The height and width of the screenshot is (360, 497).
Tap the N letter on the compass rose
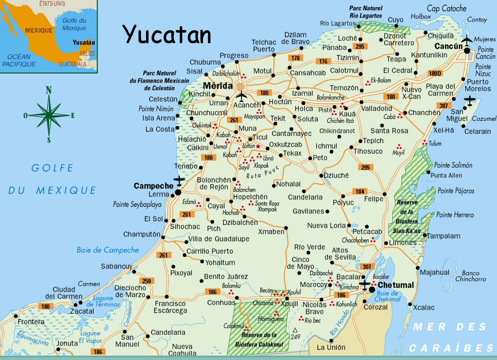pos(49,91)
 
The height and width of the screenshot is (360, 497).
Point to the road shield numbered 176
pos(322,61)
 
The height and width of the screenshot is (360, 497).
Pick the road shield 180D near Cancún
pos(435,73)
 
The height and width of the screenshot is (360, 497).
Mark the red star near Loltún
pos(258,147)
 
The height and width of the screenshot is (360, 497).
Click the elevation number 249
pos(297,336)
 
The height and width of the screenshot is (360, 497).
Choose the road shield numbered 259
pos(146,280)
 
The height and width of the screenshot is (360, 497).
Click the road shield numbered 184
pos(360,191)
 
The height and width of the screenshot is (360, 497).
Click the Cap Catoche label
pos(447,9)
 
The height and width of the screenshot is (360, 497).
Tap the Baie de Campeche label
pos(107,250)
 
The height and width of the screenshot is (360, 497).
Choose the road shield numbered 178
pos(295,58)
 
